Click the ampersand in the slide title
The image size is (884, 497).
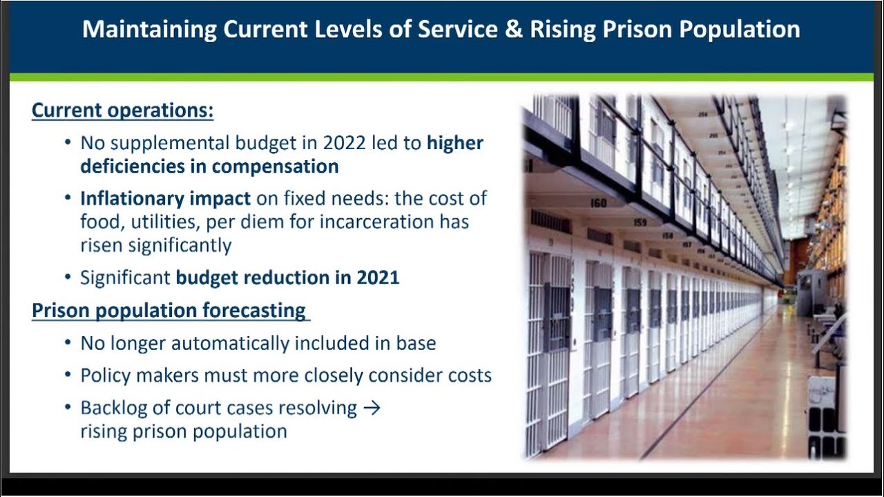[x=513, y=29]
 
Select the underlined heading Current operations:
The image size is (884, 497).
[x=123, y=110]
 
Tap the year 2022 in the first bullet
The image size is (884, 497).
[x=344, y=143]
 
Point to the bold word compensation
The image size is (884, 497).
[x=275, y=167]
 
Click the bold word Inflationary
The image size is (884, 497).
[x=132, y=199]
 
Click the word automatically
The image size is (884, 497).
[x=230, y=343]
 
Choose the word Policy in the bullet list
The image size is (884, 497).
[x=106, y=376]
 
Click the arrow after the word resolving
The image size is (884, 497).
[x=372, y=407]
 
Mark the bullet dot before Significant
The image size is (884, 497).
[x=68, y=277]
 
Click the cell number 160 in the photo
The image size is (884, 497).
[x=598, y=203]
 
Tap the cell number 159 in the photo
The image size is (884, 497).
[x=640, y=222]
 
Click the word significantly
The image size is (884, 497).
[x=180, y=246]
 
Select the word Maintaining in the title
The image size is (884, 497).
[x=150, y=30]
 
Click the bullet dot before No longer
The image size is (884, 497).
[x=68, y=342]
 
